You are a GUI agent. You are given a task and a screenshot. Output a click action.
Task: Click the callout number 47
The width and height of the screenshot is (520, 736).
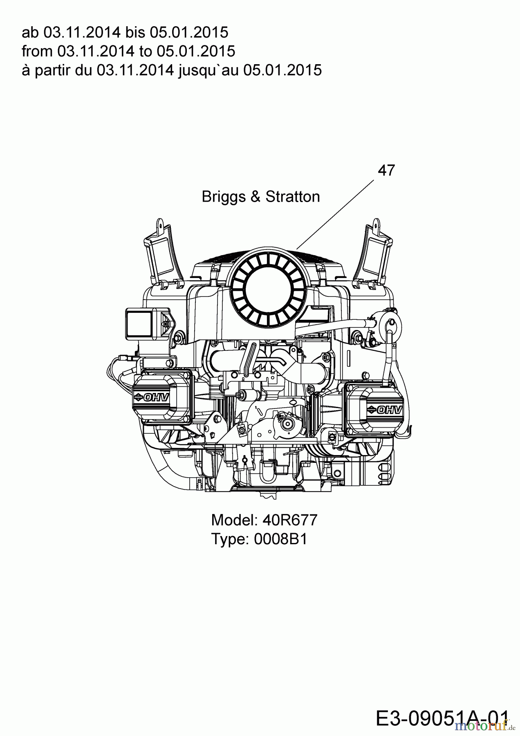(386, 170)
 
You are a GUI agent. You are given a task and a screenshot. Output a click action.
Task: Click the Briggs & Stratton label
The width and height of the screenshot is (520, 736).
(261, 197)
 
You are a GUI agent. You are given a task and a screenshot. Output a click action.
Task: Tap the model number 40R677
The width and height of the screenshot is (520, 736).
(290, 520)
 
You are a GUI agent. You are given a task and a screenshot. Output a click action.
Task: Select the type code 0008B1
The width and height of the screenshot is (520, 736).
(280, 539)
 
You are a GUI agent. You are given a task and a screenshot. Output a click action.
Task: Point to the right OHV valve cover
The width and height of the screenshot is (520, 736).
(375, 409)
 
